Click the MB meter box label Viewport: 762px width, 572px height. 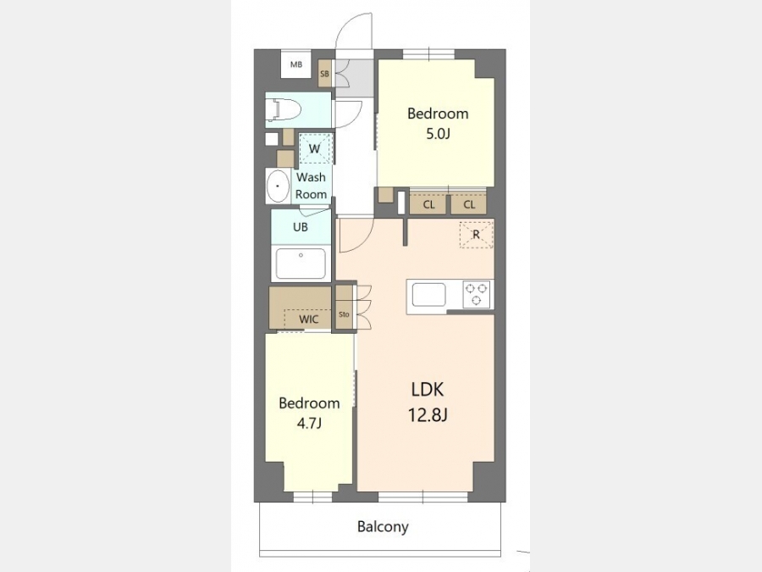(x=296, y=64)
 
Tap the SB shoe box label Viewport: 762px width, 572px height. (x=324, y=74)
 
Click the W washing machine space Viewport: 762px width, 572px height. (x=315, y=147)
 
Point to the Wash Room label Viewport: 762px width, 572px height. (x=311, y=186)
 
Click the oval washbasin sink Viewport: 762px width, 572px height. (x=278, y=186)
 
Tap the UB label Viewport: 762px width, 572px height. (x=301, y=227)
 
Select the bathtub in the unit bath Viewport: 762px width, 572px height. (x=301, y=264)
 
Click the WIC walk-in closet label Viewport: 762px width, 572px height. (x=308, y=319)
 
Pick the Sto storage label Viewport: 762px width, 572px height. (x=344, y=314)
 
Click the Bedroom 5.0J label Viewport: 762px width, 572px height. (x=438, y=123)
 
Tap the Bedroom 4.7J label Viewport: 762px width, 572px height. (x=309, y=413)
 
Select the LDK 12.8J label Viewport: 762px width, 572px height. (x=428, y=403)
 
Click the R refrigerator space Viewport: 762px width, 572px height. (x=476, y=235)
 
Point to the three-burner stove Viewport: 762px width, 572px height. (x=476, y=294)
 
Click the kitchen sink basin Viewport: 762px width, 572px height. (x=428, y=295)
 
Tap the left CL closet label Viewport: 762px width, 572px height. (x=428, y=204)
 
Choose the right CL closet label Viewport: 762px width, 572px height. (x=469, y=204)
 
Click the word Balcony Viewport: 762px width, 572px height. (x=383, y=527)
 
